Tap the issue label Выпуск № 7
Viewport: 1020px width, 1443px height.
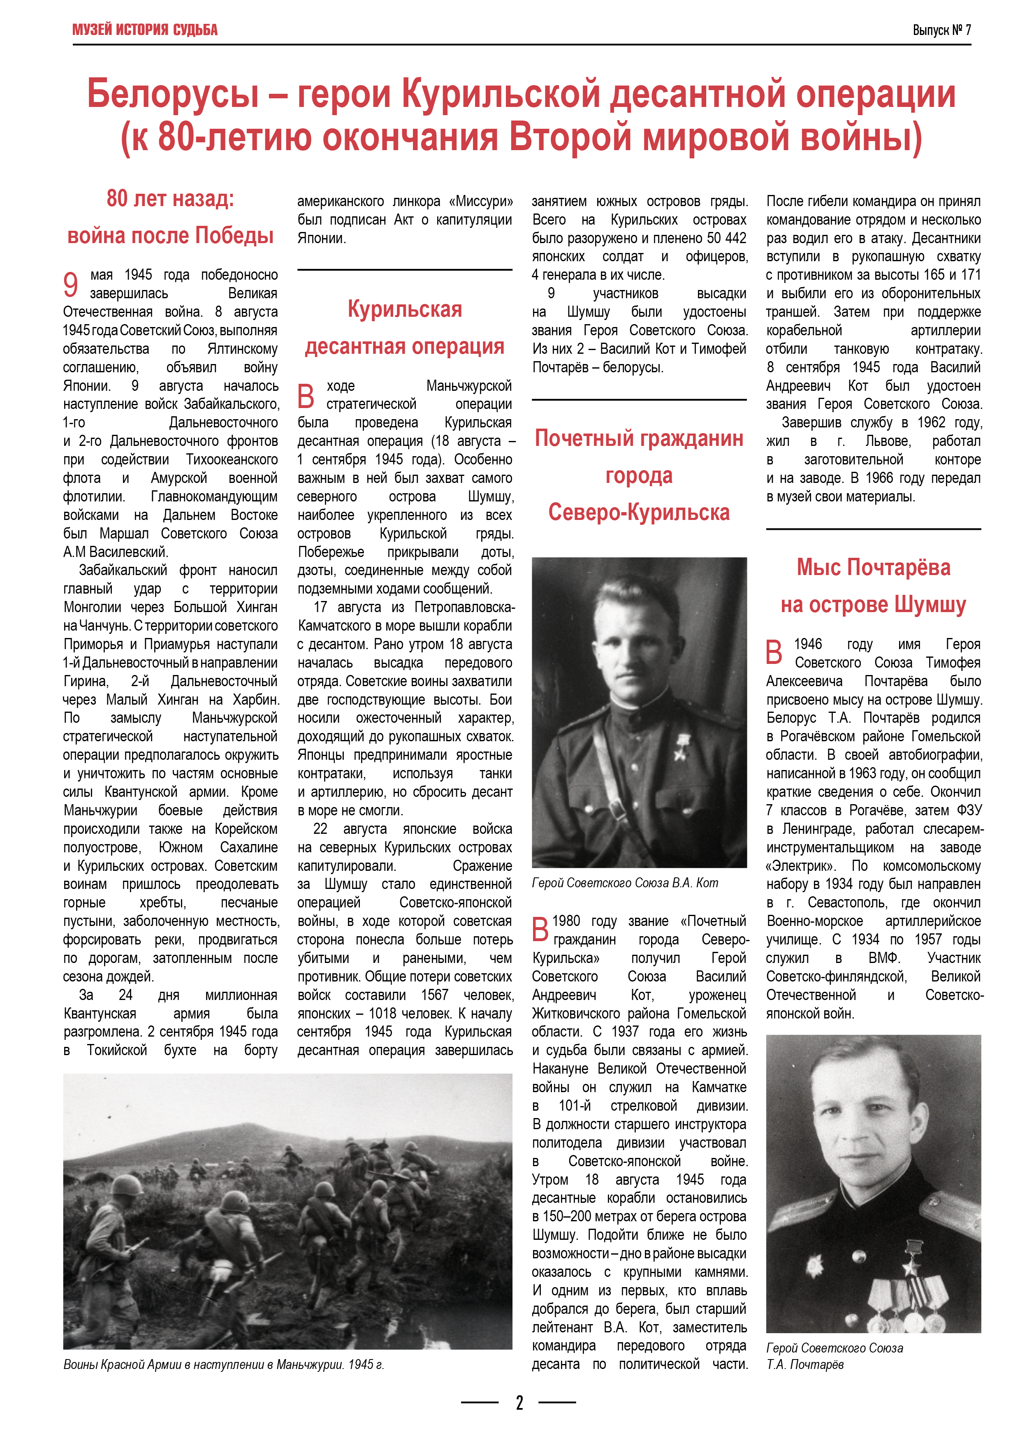941,30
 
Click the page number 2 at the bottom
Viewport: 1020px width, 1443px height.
519,1402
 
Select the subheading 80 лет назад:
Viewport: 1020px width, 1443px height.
170,199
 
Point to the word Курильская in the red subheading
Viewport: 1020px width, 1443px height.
405,309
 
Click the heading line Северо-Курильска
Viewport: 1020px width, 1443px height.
638,512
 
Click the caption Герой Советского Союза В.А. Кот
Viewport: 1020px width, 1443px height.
625,882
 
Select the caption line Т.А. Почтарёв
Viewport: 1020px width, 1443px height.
805,1364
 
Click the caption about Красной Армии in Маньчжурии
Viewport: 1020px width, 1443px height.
224,1364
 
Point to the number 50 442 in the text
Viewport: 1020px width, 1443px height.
726,238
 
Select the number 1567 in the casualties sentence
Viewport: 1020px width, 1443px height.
434,995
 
